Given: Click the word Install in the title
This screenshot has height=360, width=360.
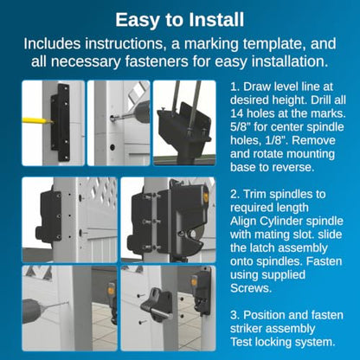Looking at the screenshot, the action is click(x=216, y=20).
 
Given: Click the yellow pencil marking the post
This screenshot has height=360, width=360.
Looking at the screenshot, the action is click(x=37, y=121).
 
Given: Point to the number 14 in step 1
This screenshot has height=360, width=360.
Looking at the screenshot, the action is click(x=237, y=113).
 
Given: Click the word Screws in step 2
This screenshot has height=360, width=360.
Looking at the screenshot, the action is click(x=250, y=288).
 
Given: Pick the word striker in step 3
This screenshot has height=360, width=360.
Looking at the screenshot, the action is click(x=247, y=328).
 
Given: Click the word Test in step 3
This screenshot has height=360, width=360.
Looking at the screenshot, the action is click(x=241, y=342).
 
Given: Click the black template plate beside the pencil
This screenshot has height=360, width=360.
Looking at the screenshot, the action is click(x=61, y=122).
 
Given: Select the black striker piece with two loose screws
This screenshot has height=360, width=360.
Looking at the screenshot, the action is click(x=157, y=305).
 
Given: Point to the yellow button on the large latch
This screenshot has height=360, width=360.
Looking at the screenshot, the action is click(x=205, y=194).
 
